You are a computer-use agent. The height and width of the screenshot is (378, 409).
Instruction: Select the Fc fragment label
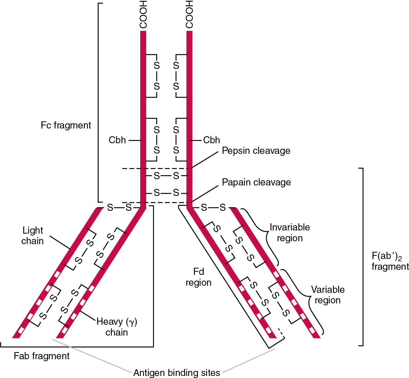[66, 125]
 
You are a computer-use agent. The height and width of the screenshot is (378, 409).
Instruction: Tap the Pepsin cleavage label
[256, 150]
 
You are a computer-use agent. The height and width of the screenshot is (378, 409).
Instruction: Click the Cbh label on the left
[117, 140]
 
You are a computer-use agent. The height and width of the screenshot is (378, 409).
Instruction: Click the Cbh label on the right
[212, 140]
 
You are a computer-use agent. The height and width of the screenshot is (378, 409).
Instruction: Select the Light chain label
[33, 235]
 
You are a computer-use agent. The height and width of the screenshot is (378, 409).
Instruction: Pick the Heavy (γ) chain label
[117, 327]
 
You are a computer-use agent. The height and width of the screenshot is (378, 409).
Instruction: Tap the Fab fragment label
[42, 356]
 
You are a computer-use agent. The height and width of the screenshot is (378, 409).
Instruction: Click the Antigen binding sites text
[177, 372]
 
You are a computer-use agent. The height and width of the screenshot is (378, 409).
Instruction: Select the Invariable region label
[290, 232]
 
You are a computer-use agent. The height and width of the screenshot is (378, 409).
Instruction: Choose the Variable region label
[328, 295]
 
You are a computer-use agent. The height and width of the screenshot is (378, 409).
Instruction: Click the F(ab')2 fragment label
[390, 261]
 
